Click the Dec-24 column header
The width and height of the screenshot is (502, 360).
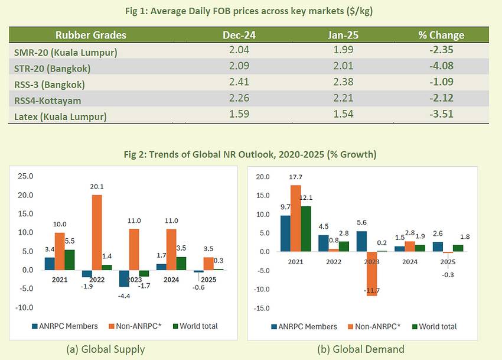tap(239, 35)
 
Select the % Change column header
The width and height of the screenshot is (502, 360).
tap(441, 35)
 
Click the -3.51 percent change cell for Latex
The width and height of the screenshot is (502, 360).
tap(441, 113)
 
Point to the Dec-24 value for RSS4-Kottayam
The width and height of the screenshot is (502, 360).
tap(239, 98)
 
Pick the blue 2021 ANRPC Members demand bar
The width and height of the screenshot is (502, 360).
tap(285, 233)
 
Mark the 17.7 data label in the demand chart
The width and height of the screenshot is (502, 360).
tap(296, 178)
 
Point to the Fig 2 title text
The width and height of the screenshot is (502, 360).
tap(250, 155)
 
